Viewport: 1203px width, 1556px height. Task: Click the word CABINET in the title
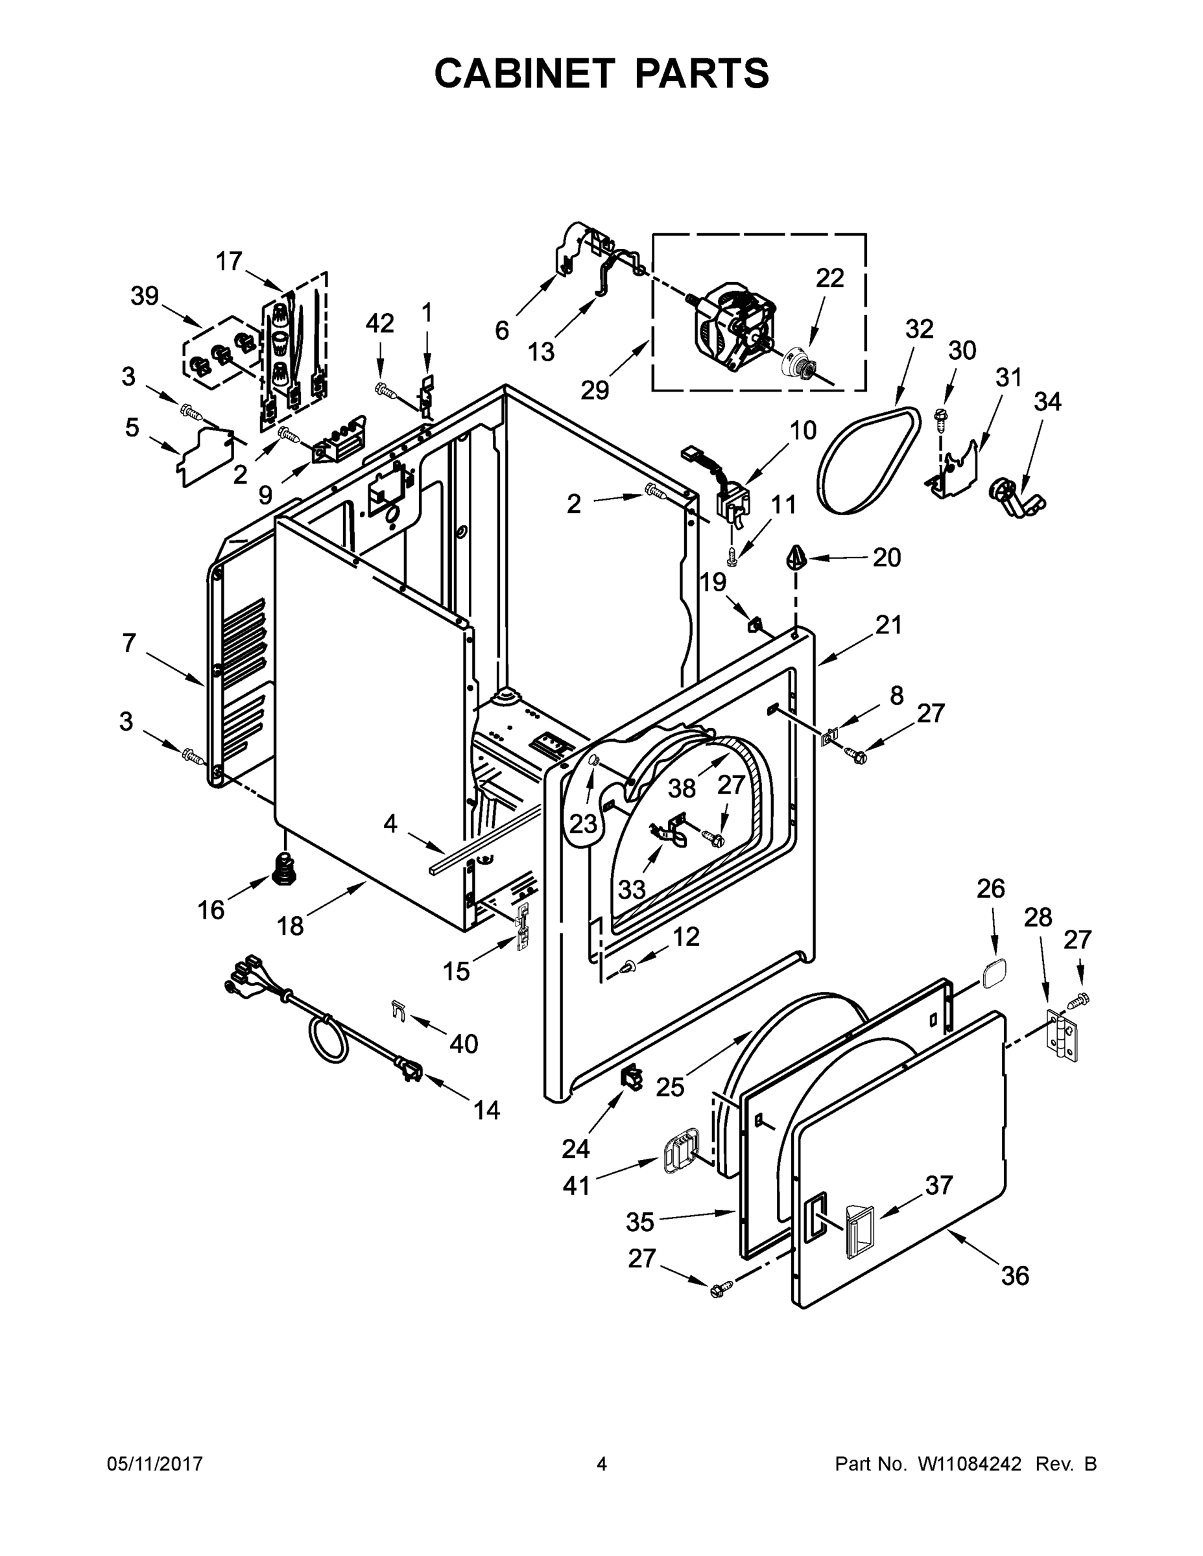click(524, 73)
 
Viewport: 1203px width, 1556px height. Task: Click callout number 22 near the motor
click(829, 278)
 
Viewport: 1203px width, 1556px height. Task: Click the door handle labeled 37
click(859, 1229)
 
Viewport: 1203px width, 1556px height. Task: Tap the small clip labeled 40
click(398, 1009)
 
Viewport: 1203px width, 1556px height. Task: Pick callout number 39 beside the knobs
click(144, 296)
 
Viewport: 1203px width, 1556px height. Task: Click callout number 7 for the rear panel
click(128, 642)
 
